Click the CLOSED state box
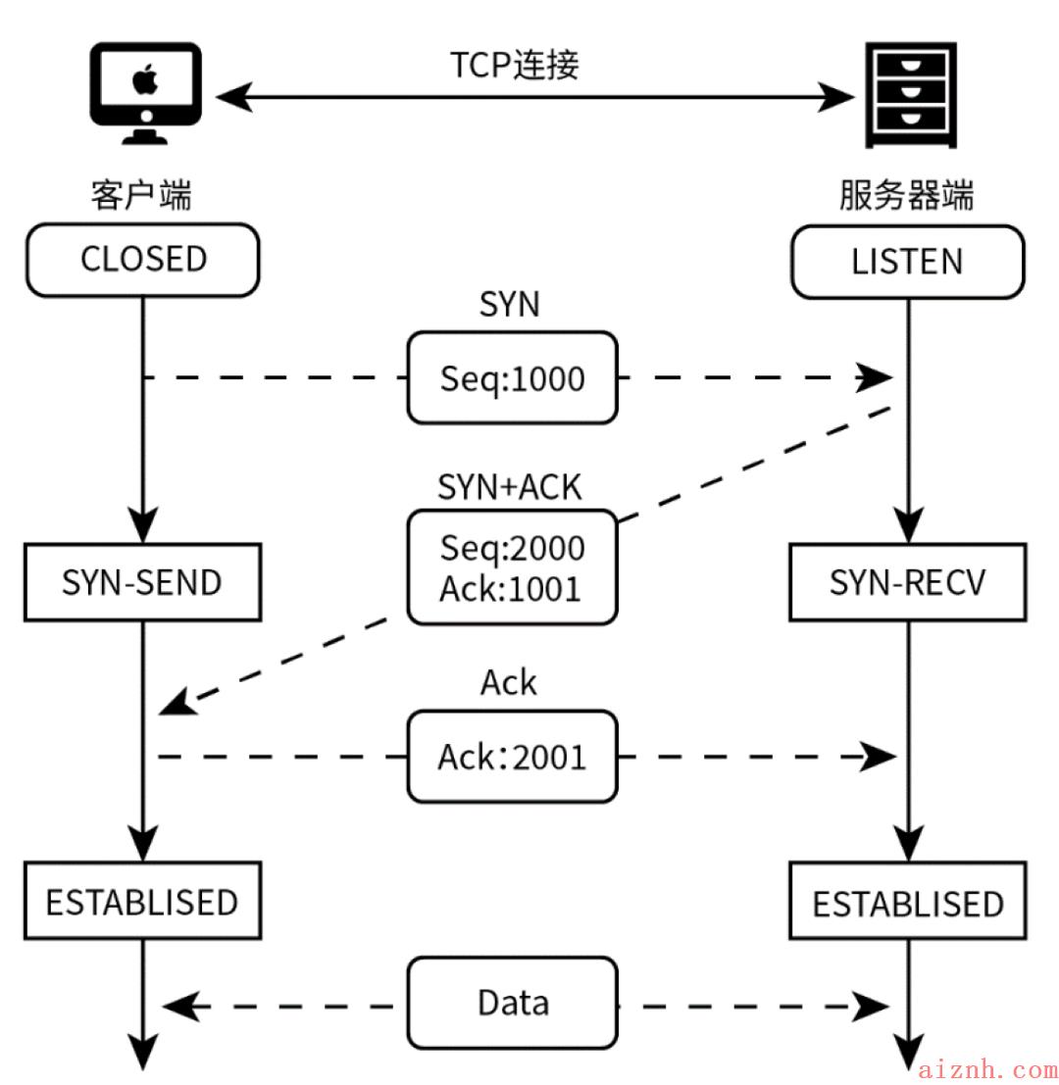pyautogui.click(x=142, y=260)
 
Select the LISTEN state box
pyautogui.click(x=907, y=263)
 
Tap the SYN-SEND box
pyautogui.click(x=142, y=582)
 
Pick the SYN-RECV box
pyautogui.click(x=907, y=582)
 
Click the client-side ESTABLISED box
pyautogui.click(x=142, y=901)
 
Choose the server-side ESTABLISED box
pyautogui.click(x=907, y=901)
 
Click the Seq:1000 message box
pyautogui.click(x=512, y=377)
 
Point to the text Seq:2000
pyautogui.click(x=512, y=547)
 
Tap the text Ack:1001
pyautogui.click(x=510, y=589)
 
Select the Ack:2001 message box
pyautogui.click(x=512, y=757)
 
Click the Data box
pyautogui.click(x=512, y=1003)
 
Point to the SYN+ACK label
pyautogui.click(x=510, y=487)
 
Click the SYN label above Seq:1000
pyautogui.click(x=510, y=305)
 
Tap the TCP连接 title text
pyautogui.click(x=514, y=65)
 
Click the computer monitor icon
pyautogui.click(x=145, y=93)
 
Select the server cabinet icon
pyautogui.click(x=911, y=95)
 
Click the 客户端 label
pyautogui.click(x=141, y=194)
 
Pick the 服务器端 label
pyautogui.click(x=907, y=194)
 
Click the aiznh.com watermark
pyautogui.click(x=987, y=1069)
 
